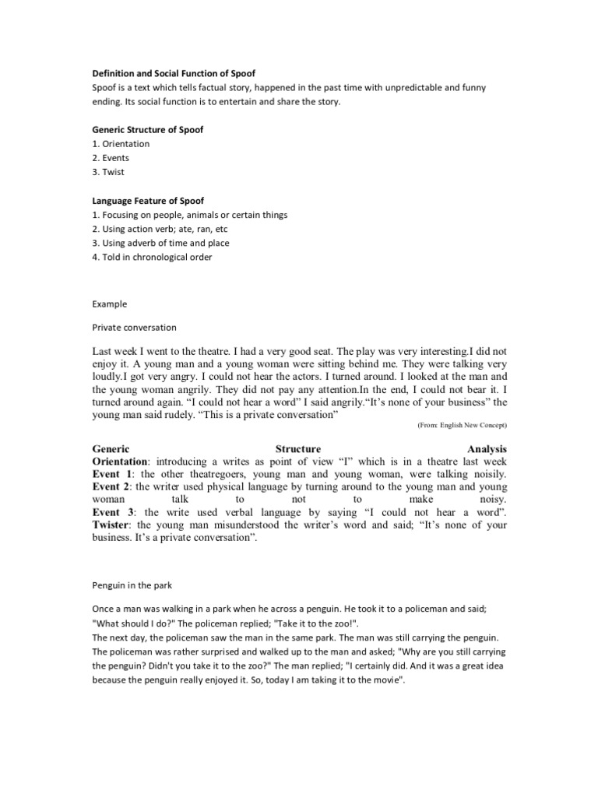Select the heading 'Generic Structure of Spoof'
(x=148, y=130)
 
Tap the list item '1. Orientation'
(x=121, y=144)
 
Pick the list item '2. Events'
(x=111, y=158)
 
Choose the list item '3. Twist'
(x=108, y=172)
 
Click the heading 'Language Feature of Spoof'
(x=148, y=201)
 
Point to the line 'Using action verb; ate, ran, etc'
(x=166, y=229)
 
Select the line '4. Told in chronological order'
(x=152, y=257)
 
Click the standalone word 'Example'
(x=110, y=304)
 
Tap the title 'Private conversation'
(x=134, y=328)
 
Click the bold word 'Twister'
(x=114, y=525)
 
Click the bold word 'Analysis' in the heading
(x=487, y=449)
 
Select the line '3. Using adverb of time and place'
(x=160, y=243)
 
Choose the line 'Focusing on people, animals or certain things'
(x=194, y=215)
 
